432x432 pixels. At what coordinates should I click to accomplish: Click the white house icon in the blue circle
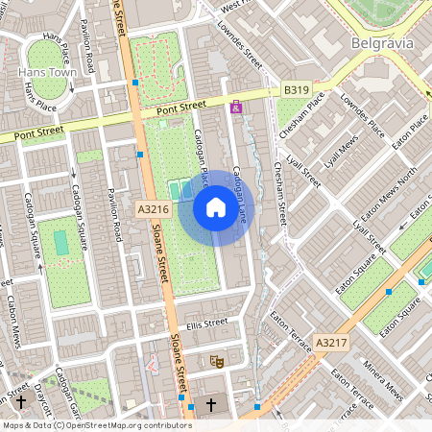click(216, 207)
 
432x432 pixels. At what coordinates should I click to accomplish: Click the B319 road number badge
click(297, 89)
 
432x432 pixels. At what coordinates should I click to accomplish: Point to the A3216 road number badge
click(152, 208)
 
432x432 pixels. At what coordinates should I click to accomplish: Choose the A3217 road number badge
click(330, 343)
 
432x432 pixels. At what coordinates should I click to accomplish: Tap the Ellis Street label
click(207, 323)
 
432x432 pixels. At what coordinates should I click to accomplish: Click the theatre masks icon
click(217, 361)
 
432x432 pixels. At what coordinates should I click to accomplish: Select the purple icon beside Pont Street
click(236, 108)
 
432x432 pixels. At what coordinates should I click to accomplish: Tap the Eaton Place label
click(408, 134)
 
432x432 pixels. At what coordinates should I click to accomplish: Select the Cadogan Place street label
click(204, 154)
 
